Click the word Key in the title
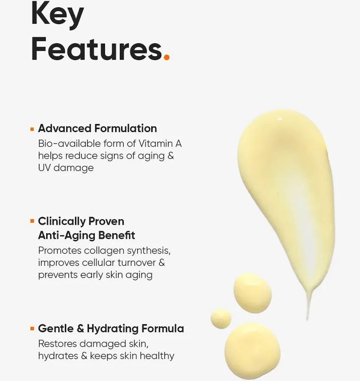coord(58,15)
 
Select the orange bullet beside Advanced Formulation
coord(32,128)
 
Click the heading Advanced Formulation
coord(97,128)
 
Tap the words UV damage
coord(66,168)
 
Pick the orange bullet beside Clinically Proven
coord(32,221)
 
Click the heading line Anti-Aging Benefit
coord(86,235)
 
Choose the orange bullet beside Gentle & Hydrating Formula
coord(32,328)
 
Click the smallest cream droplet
coord(221,318)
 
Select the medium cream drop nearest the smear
coord(252,293)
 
